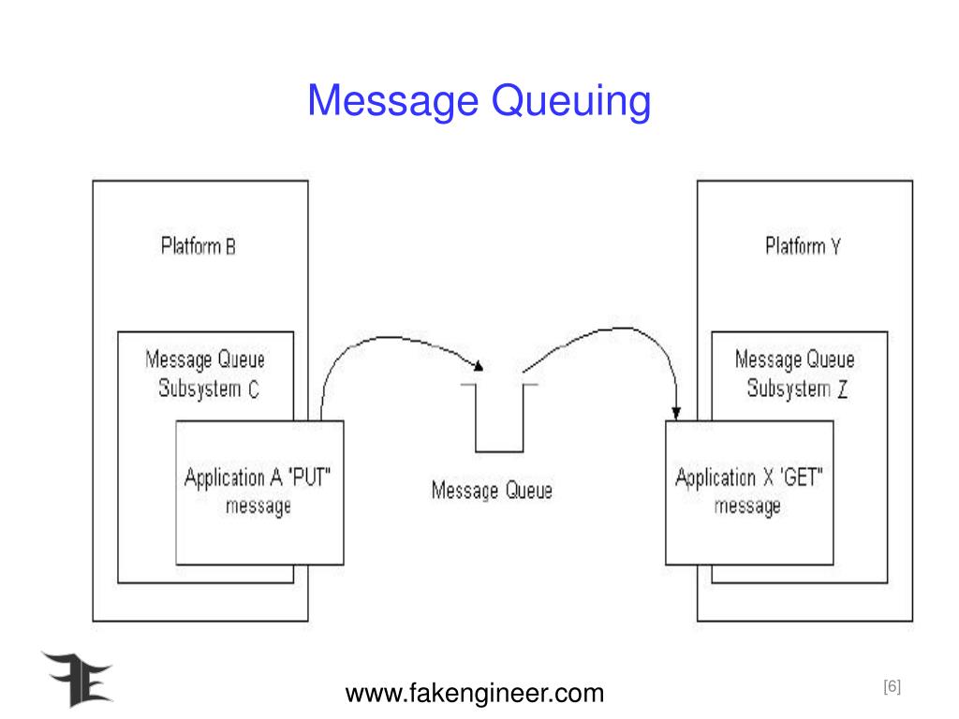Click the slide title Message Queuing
click(479, 101)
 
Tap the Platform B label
click(198, 247)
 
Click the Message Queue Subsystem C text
click(205, 374)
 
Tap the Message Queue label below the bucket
click(491, 490)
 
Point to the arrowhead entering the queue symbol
click(479, 366)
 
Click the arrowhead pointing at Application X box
click(676, 412)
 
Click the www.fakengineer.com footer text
click(475, 694)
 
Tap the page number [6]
click(891, 687)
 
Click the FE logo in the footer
click(76, 678)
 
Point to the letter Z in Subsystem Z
click(843, 389)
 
